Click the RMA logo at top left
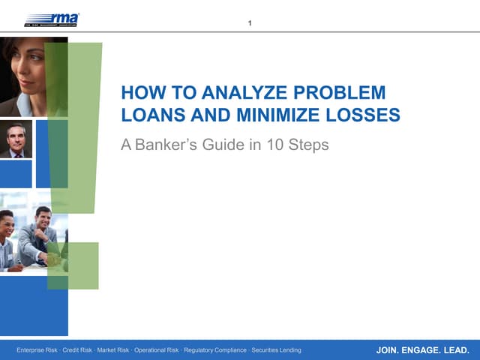tap(52, 19)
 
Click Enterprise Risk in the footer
tap(38, 350)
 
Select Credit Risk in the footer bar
tap(79, 350)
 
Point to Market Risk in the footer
tap(114, 350)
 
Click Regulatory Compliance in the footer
tap(215, 350)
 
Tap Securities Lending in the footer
tap(277, 350)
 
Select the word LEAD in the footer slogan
tap(457, 350)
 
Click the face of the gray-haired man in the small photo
tap(16, 137)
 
